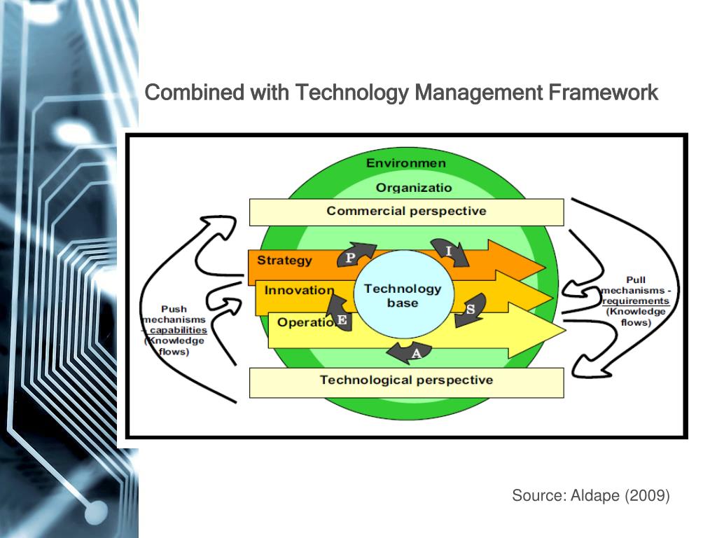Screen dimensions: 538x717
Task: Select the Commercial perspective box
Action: [406, 212]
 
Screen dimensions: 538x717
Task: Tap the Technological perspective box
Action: [406, 381]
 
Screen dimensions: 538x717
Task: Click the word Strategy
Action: [284, 261]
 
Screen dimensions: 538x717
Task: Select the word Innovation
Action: [299, 290]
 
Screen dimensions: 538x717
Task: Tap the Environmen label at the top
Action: [406, 163]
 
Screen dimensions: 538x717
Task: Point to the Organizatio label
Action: [414, 188]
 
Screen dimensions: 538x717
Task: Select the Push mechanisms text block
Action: [174, 330]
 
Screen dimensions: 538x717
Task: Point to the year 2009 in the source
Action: [649, 496]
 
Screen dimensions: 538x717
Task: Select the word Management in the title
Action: [479, 92]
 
